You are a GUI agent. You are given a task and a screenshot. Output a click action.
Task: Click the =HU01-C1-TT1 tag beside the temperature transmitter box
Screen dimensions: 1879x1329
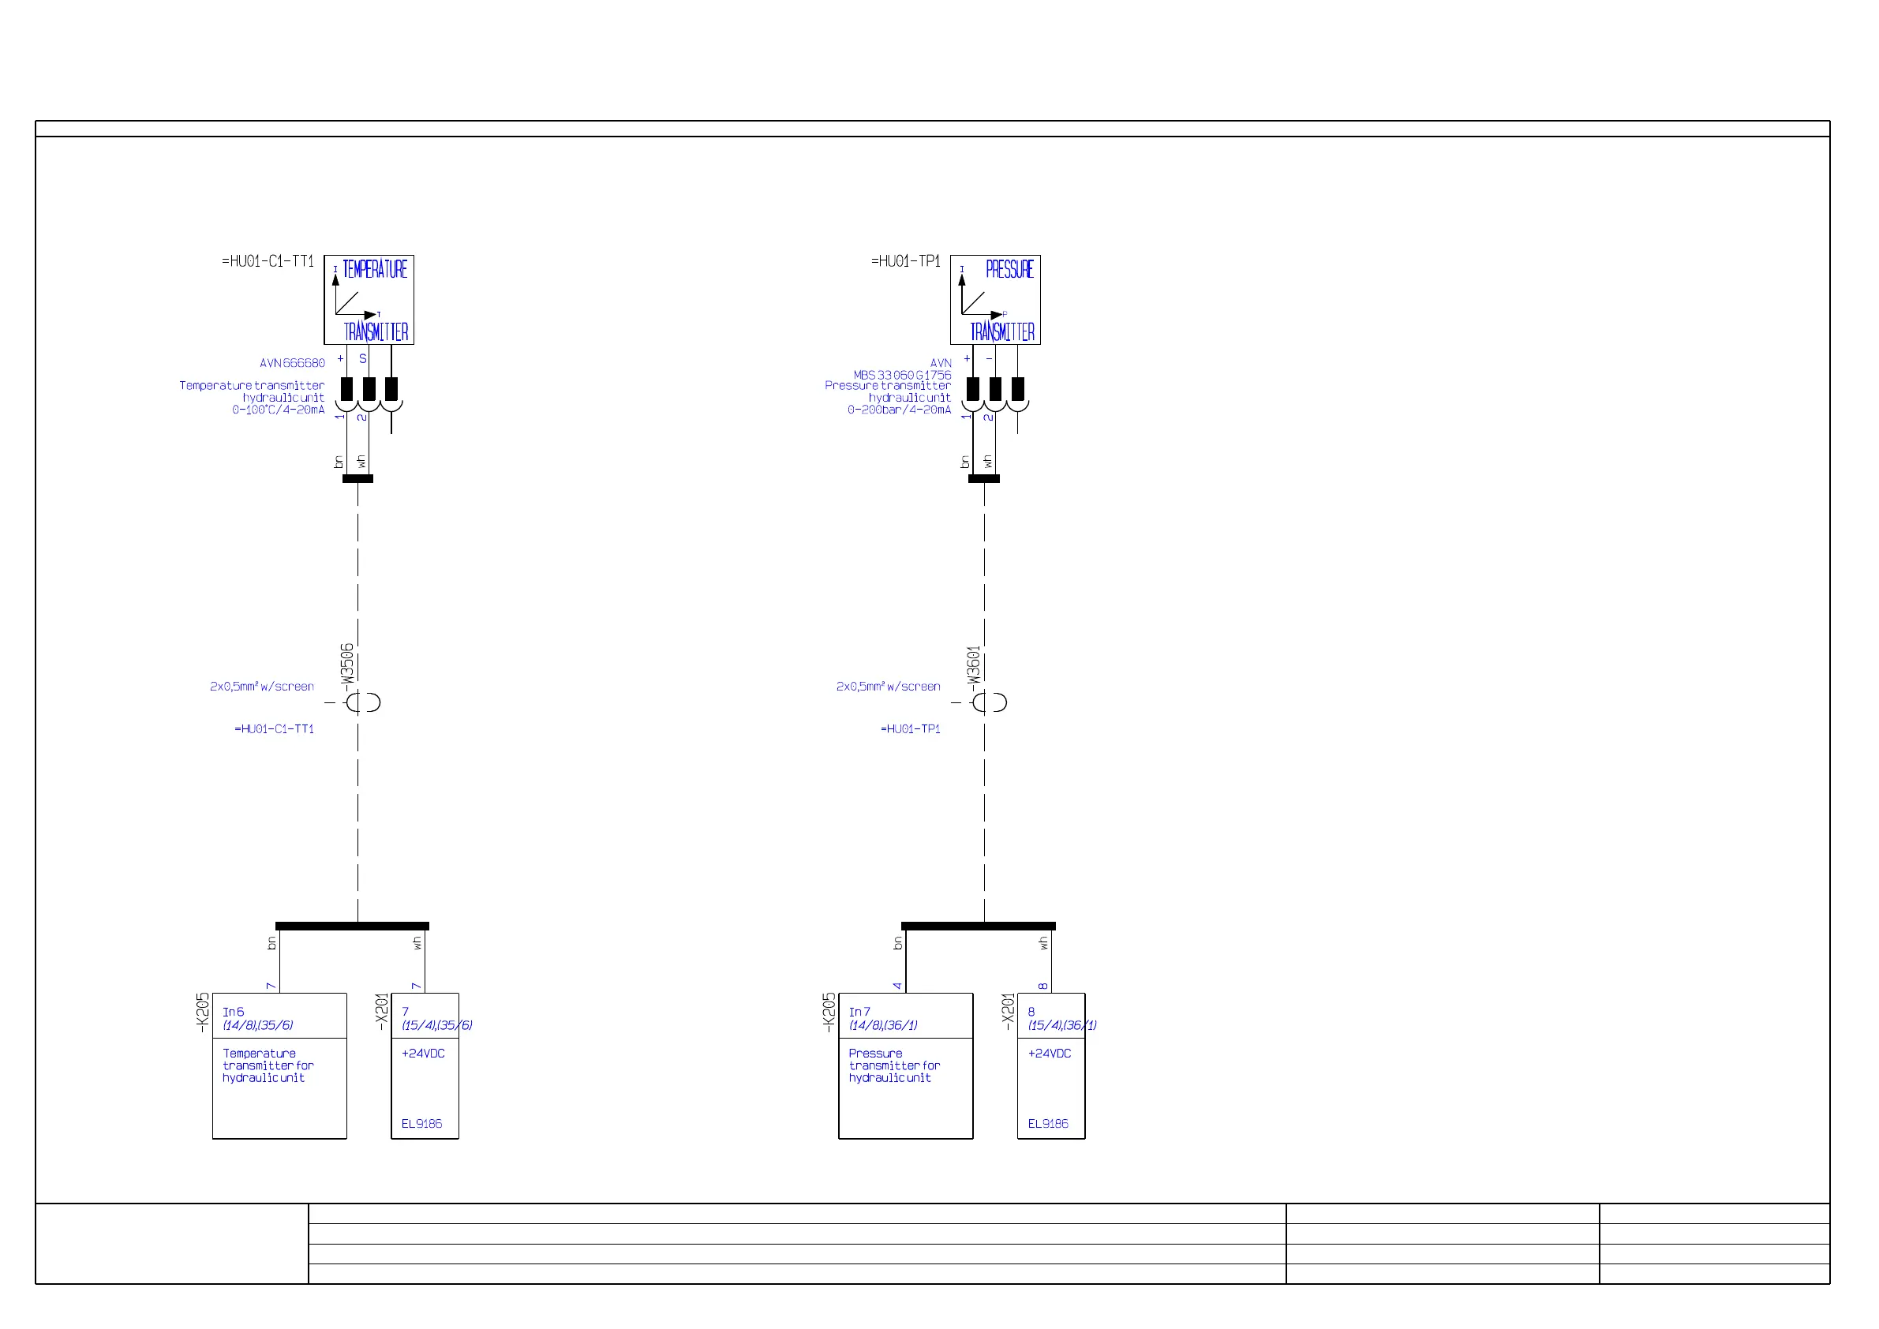click(268, 261)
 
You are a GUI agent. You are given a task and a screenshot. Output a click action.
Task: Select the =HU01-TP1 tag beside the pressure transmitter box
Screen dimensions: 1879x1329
click(905, 261)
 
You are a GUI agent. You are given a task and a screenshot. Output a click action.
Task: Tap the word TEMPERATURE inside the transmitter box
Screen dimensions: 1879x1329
click(374, 269)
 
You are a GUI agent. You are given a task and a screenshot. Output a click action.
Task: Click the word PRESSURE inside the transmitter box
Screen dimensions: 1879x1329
click(1009, 269)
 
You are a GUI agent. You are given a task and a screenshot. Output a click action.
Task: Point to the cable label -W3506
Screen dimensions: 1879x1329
click(347, 663)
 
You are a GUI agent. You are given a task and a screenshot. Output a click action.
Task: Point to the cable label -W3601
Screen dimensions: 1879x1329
click(973, 664)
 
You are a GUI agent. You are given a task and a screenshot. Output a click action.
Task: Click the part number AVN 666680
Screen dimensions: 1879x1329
click(292, 363)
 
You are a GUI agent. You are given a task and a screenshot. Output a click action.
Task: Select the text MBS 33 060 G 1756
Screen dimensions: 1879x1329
click(902, 375)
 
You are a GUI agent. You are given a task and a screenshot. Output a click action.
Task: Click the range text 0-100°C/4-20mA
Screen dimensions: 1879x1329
click(279, 410)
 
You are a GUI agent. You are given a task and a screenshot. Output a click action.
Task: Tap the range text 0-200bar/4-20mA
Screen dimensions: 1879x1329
click(899, 410)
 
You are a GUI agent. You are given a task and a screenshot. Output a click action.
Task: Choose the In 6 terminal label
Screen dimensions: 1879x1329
click(234, 1013)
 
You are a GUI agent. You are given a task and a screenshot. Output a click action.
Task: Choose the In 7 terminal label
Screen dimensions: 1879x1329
click(859, 1013)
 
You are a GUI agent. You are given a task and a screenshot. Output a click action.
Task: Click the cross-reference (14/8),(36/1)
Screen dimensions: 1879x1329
click(883, 1025)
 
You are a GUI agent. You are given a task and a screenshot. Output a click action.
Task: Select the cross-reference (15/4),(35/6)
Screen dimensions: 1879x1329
click(437, 1025)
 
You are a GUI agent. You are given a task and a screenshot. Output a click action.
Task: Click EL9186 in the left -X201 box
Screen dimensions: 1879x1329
click(421, 1124)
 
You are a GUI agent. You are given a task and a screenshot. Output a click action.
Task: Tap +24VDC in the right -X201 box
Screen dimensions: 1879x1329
click(1049, 1054)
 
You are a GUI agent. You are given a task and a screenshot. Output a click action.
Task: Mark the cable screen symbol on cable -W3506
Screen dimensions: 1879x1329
click(361, 702)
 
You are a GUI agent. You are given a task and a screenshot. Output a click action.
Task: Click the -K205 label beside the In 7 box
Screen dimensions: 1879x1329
click(829, 1013)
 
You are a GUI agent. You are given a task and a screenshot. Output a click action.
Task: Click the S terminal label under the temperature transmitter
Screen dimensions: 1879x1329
click(362, 359)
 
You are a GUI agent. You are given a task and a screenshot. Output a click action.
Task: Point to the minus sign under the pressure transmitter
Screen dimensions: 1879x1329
click(989, 359)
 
